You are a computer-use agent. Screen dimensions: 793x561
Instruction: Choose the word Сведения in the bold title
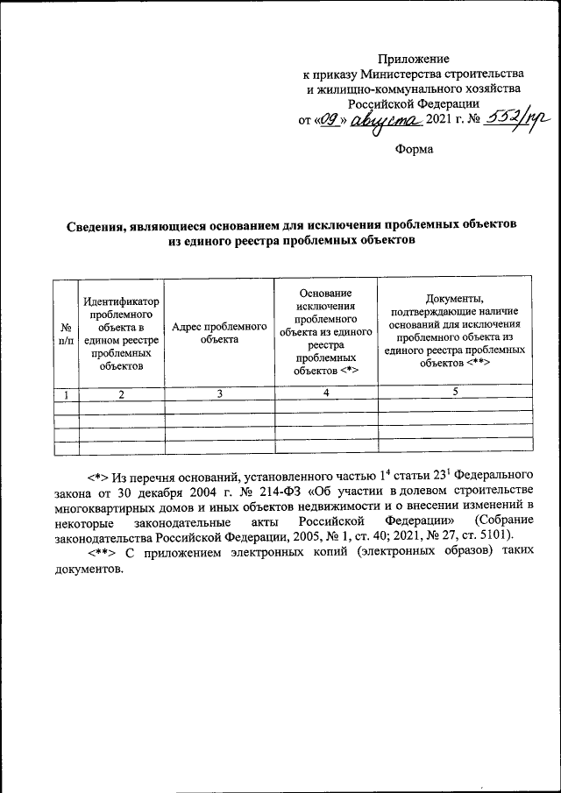click(102, 224)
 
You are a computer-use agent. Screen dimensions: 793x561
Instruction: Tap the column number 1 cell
click(66, 393)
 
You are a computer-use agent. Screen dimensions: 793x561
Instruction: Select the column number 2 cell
click(122, 393)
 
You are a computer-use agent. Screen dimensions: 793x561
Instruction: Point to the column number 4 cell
click(325, 393)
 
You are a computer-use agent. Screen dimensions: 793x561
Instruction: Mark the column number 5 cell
click(454, 393)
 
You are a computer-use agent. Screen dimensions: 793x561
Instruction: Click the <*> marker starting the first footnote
click(97, 477)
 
